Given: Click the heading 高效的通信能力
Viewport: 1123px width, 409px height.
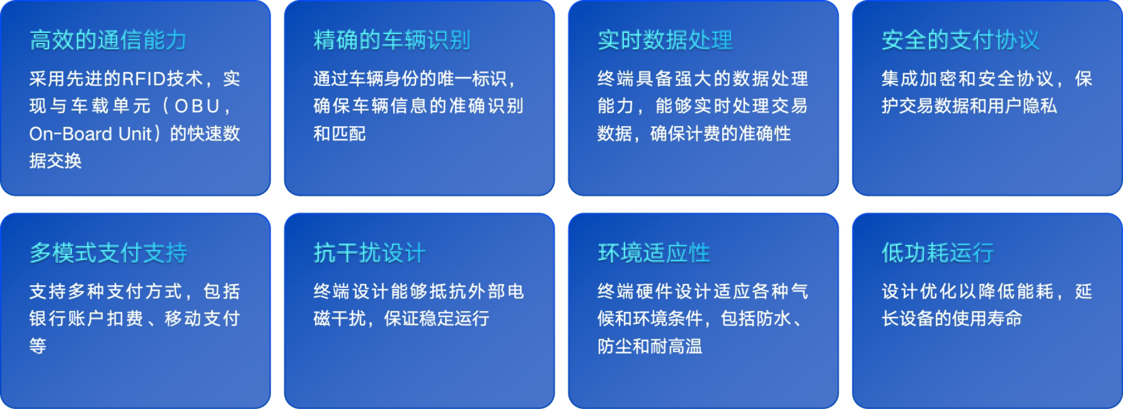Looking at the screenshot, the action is [x=108, y=40].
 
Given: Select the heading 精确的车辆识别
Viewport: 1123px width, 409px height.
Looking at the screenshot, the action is [x=392, y=40].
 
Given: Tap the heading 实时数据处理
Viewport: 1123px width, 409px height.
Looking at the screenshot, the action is [x=665, y=40].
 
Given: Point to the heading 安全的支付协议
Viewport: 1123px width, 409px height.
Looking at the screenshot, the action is [x=960, y=40].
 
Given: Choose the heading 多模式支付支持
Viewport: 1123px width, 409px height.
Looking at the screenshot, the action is [x=108, y=253].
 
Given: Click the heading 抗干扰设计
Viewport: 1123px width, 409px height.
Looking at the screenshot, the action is [x=370, y=253].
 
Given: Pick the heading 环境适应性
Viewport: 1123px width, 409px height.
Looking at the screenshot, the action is [x=653, y=253].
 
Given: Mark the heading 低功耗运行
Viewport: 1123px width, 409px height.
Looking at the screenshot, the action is [x=938, y=253].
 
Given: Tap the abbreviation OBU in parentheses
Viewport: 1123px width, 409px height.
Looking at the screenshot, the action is [x=197, y=106].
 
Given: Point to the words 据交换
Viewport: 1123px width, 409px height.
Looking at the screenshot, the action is [x=55, y=160].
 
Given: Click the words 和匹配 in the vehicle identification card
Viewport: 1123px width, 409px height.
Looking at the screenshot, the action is [x=340, y=133].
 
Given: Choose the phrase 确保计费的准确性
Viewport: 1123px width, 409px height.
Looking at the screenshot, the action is [x=720, y=133].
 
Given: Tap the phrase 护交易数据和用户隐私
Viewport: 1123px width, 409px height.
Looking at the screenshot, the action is [x=969, y=106].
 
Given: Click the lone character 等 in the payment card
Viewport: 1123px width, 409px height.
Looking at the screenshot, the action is [x=38, y=346].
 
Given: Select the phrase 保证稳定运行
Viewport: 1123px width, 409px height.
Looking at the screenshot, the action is [x=437, y=319].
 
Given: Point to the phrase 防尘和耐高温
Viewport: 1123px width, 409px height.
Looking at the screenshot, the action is [x=649, y=346].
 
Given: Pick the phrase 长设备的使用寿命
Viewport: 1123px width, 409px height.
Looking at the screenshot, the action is [x=952, y=319].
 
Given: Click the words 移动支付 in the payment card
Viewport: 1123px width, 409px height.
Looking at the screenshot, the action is [x=202, y=319].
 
